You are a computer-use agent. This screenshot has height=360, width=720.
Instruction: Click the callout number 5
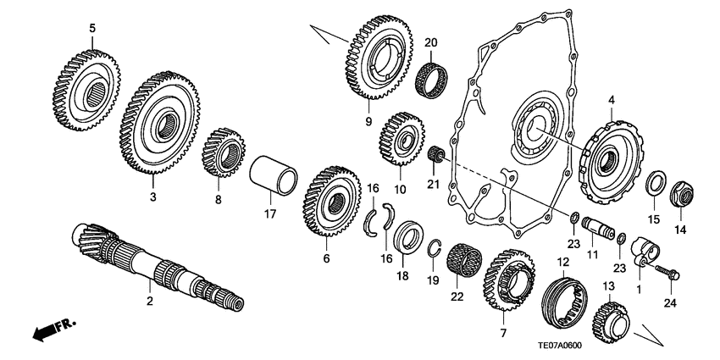tap(92, 30)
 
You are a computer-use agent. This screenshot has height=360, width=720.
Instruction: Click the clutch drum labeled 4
tap(609, 157)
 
